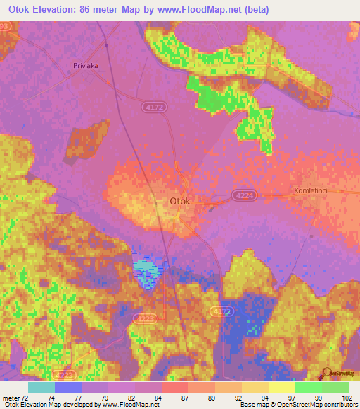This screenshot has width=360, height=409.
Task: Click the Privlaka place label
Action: (84, 65)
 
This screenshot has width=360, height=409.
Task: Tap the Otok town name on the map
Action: (179, 201)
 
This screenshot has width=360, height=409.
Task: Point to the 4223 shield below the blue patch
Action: (142, 318)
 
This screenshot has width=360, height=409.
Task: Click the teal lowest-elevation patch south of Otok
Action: (146, 271)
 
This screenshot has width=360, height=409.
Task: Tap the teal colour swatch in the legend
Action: (41, 387)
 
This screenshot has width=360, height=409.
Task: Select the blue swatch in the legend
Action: (68, 387)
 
